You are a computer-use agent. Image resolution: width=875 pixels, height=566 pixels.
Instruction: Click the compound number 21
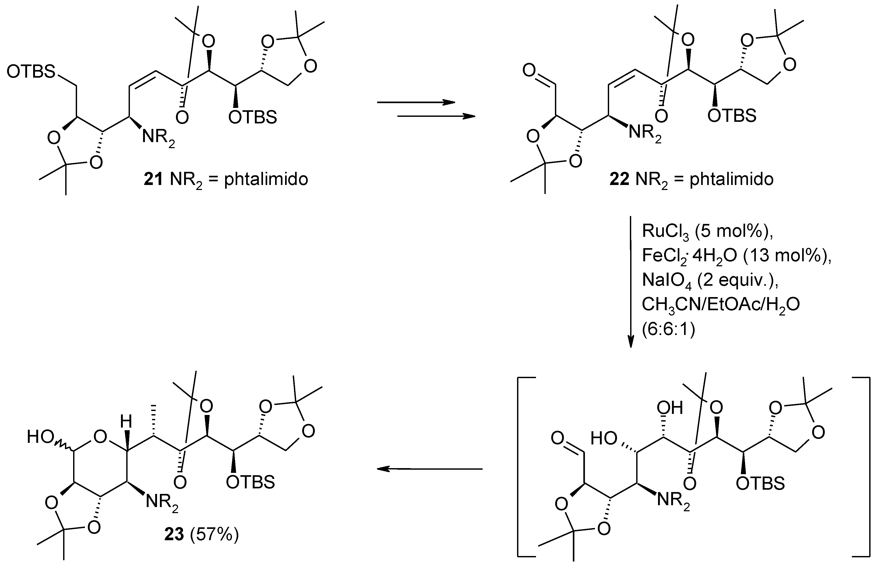pos(153,180)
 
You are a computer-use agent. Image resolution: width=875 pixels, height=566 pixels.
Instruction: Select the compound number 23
pos(174,535)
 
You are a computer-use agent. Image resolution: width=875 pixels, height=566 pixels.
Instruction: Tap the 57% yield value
pos(214,535)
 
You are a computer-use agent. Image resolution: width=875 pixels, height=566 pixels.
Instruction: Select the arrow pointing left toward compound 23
pos(430,469)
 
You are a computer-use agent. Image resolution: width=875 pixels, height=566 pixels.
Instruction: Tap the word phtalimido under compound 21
pos(266,180)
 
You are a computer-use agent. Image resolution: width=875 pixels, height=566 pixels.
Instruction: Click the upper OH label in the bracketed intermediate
pos(670,408)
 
